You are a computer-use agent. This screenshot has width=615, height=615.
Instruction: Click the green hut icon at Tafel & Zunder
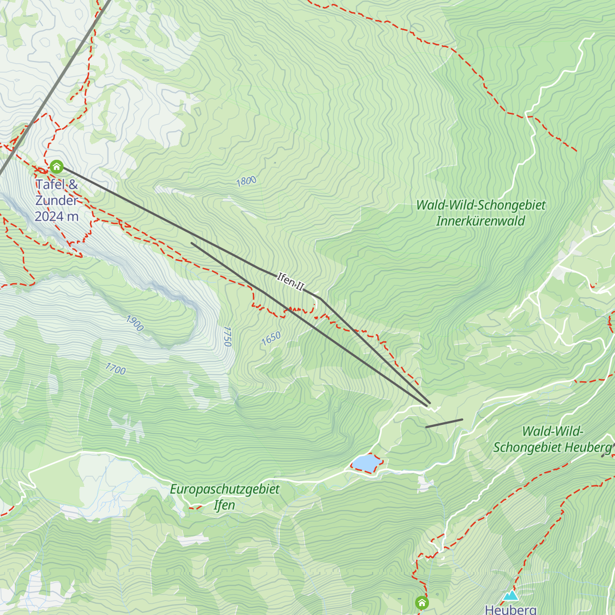coord(56,167)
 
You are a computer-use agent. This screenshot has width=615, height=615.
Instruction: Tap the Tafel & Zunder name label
coord(56,192)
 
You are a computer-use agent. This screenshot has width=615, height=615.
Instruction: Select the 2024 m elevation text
coord(56,216)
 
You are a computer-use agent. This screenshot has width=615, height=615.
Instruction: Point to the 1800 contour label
coord(246,181)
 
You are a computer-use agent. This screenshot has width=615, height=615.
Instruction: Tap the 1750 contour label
coord(228,336)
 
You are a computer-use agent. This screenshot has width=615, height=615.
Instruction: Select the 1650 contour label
coord(271,338)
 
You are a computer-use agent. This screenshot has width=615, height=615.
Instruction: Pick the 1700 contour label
coord(115,368)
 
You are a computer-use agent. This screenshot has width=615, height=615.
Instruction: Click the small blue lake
coord(365,463)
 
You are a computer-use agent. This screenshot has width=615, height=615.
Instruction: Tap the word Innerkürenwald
coord(480,221)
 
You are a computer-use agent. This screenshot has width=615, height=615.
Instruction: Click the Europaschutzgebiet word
coord(224,489)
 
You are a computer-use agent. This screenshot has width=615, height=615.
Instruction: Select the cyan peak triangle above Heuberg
coord(510,596)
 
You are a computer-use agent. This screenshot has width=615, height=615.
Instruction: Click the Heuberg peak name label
coord(510,609)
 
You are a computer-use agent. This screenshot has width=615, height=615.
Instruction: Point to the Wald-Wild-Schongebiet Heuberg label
coord(552,439)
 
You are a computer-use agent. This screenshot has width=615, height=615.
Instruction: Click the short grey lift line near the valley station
coord(444,423)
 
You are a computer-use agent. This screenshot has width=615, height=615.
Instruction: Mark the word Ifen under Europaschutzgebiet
coord(224,505)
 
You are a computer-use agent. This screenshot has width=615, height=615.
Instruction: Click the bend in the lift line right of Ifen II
coord(320,298)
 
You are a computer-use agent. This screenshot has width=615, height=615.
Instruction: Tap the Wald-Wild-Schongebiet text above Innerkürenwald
coord(481,206)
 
